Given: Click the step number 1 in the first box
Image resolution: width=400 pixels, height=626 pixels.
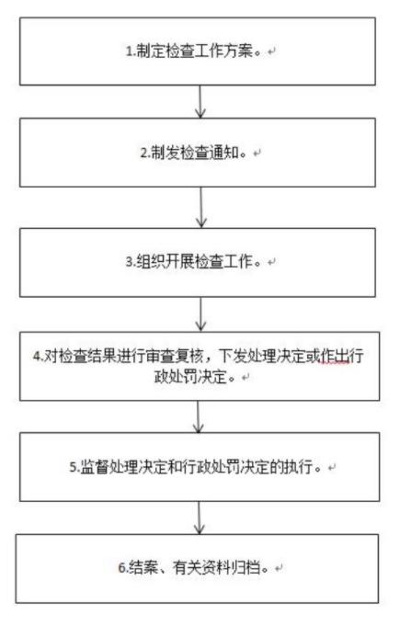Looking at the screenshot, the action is (129, 51).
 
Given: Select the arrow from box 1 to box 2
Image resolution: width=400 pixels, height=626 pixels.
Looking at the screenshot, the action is (200, 102).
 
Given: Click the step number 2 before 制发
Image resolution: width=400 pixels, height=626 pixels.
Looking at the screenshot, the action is (143, 153).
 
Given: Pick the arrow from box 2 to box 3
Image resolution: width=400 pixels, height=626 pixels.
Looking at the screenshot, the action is (201, 207).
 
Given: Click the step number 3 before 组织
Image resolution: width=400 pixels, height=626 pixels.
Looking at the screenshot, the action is (130, 262).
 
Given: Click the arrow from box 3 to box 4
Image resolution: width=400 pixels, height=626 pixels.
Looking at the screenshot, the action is (200, 314).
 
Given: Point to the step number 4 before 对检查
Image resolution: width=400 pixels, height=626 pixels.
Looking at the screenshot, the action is (37, 356).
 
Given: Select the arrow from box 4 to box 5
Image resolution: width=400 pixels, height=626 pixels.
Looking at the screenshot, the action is (199, 416).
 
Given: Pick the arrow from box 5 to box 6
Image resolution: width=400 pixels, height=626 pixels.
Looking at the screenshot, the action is (200, 518).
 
